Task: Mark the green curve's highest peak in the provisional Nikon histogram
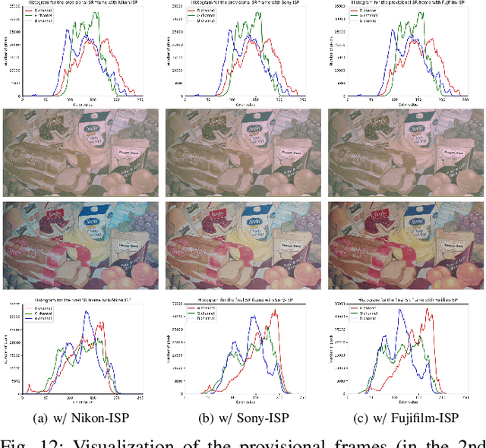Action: pyautogui.click(x=96, y=13)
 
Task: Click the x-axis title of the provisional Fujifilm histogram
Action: pyautogui.click(x=405, y=103)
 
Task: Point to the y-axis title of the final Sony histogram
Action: pyautogui.click(x=169, y=349)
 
